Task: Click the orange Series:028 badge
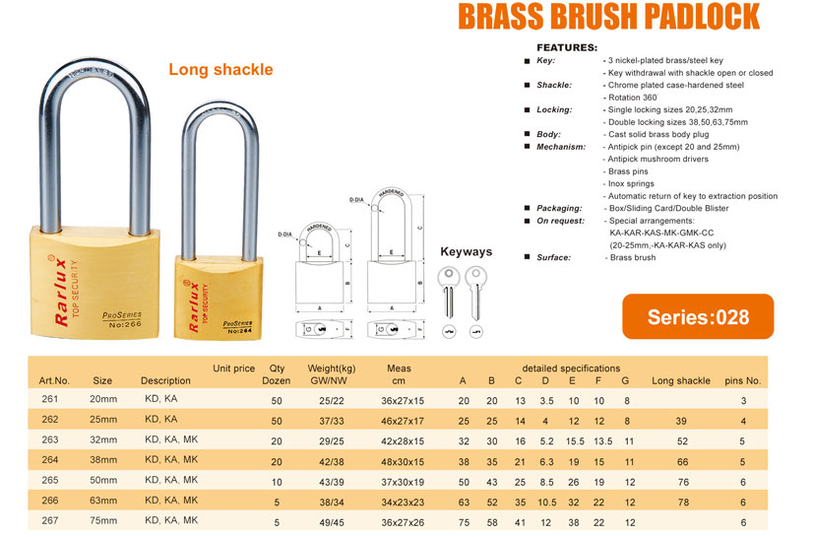click(698, 317)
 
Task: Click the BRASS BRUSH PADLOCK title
click(610, 18)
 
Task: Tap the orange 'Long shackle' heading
click(220, 70)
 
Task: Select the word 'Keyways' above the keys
click(466, 251)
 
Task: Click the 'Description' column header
click(165, 380)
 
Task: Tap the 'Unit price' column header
click(233, 369)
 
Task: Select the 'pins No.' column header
click(743, 380)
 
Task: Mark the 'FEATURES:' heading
click(566, 47)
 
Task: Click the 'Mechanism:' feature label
click(562, 146)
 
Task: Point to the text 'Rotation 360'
click(632, 97)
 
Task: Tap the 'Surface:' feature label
click(555, 257)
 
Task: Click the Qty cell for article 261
click(277, 401)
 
